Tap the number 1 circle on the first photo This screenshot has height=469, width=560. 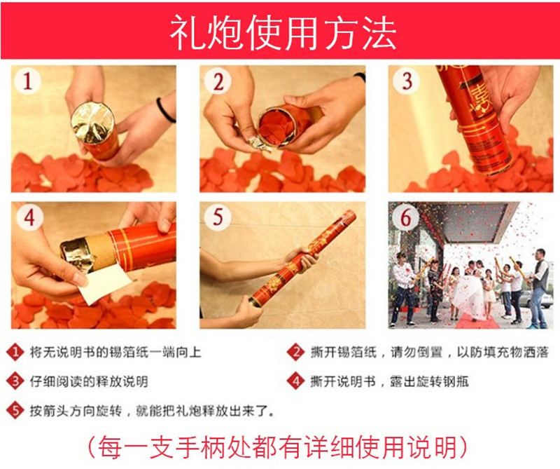tap(28, 83)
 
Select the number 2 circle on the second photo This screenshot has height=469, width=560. tap(218, 83)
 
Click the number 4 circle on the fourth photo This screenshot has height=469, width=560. tap(28, 218)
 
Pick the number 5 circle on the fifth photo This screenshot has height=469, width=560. tap(218, 218)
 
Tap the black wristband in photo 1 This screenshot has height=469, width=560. tap(165, 110)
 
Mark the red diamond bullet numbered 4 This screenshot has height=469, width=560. tap(297, 381)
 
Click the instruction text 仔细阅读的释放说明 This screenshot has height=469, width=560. tap(88, 382)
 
